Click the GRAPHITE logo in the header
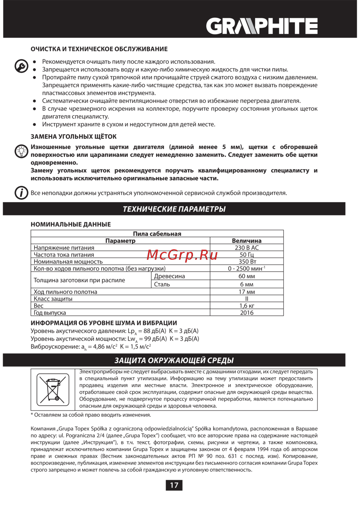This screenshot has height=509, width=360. point(262,26)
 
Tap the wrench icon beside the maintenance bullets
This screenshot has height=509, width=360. point(22,66)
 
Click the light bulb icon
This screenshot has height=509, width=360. point(22,151)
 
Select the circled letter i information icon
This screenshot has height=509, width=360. point(22,193)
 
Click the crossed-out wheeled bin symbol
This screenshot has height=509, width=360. point(53,390)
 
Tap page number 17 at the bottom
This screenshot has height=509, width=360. point(174,485)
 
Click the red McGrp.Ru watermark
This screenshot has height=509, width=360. point(182,255)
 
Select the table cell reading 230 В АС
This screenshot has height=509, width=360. point(247,248)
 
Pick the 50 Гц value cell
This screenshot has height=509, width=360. point(247,255)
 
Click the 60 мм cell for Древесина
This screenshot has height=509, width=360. point(247,276)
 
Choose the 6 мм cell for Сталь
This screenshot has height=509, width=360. point(247,284)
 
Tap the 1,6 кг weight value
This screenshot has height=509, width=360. point(247,306)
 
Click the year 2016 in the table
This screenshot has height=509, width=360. point(247,313)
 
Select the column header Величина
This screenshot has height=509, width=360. point(247,241)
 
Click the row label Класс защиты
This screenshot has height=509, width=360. point(53,299)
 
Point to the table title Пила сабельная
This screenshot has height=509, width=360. point(157,234)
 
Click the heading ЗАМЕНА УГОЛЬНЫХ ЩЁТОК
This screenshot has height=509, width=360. point(73,137)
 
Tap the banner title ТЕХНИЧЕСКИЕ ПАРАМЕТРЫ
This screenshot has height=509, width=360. point(174,209)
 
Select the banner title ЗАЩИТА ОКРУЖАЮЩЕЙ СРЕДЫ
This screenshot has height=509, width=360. point(174,360)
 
